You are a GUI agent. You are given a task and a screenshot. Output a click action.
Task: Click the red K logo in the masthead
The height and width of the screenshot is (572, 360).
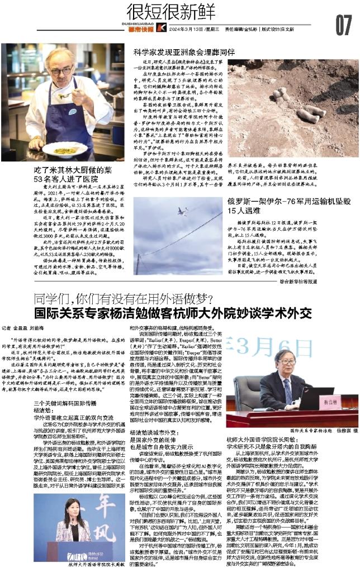tap(161, 28)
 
